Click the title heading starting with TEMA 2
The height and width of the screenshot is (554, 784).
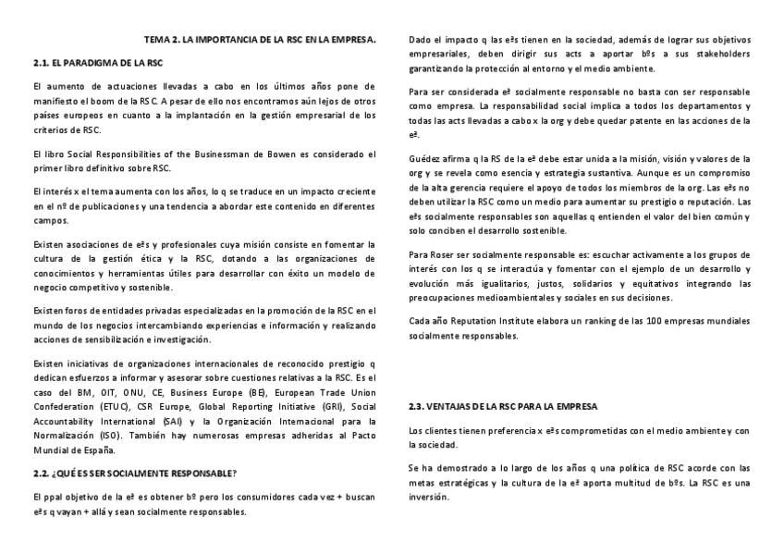click(260, 40)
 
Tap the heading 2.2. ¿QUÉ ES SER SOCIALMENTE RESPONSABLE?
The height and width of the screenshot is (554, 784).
click(134, 474)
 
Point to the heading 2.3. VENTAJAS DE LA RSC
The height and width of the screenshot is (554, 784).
click(503, 406)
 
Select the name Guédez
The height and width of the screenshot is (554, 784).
click(424, 158)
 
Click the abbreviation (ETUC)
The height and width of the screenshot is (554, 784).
click(108, 406)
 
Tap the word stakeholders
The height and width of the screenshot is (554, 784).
click(727, 54)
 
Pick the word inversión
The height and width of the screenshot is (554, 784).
click(430, 497)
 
